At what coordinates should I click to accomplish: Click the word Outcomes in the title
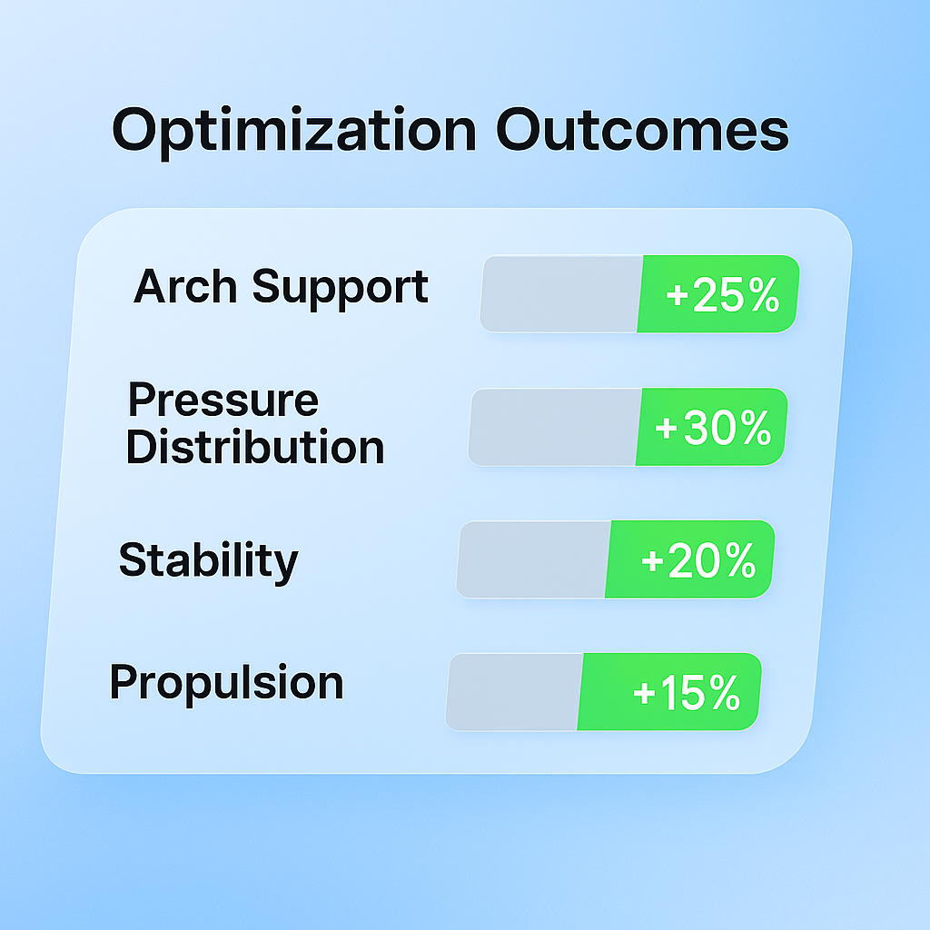(642, 130)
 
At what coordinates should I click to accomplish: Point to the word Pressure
(223, 401)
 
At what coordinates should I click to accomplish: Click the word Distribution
(255, 447)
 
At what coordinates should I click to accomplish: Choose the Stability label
(208, 560)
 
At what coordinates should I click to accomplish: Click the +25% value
(722, 296)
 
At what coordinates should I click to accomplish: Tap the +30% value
(713, 428)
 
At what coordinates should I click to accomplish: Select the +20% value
(698, 560)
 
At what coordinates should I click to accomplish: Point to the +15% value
(687, 694)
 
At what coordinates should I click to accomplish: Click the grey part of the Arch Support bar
(559, 293)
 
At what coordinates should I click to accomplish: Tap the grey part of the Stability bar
(532, 559)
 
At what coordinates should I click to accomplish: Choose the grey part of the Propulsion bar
(512, 691)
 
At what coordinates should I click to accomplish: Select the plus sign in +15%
(644, 694)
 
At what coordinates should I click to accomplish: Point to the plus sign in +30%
(667, 429)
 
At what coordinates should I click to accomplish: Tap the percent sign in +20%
(737, 560)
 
